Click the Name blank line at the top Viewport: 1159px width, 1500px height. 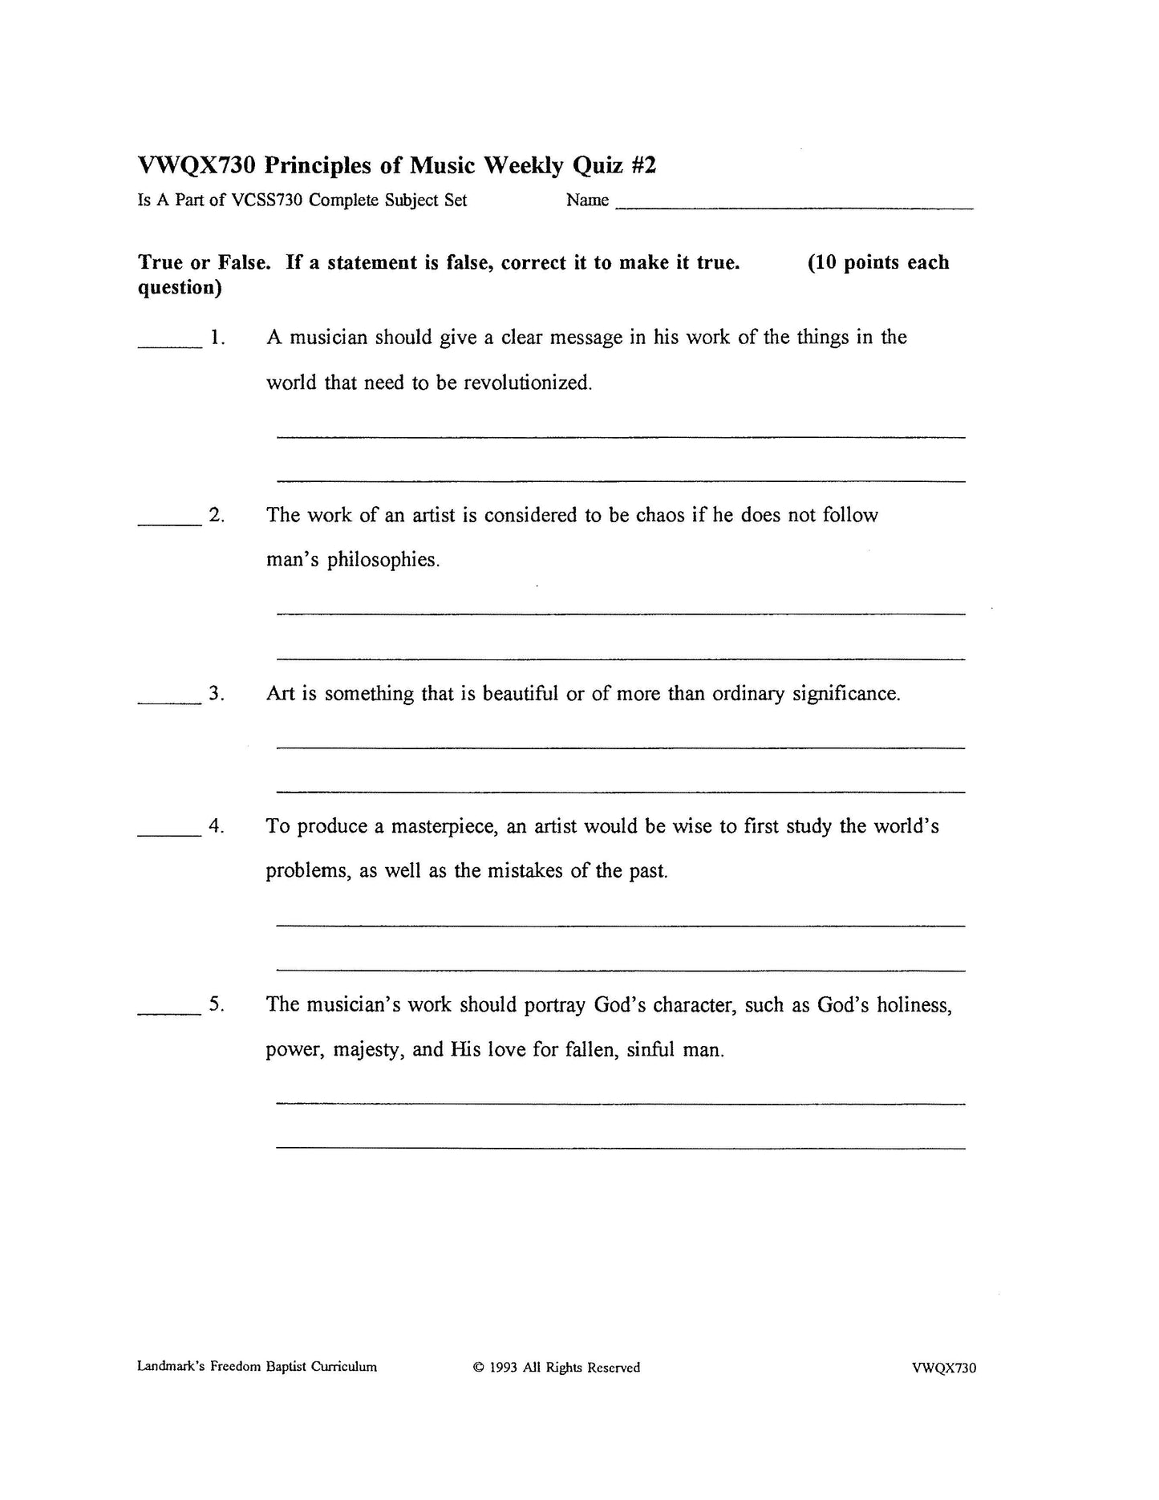(794, 207)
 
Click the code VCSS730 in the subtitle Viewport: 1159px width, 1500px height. (267, 201)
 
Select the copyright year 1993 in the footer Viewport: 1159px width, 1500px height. (504, 1368)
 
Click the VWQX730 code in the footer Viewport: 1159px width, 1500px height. (943, 1368)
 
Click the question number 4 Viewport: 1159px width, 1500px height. (215, 826)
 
